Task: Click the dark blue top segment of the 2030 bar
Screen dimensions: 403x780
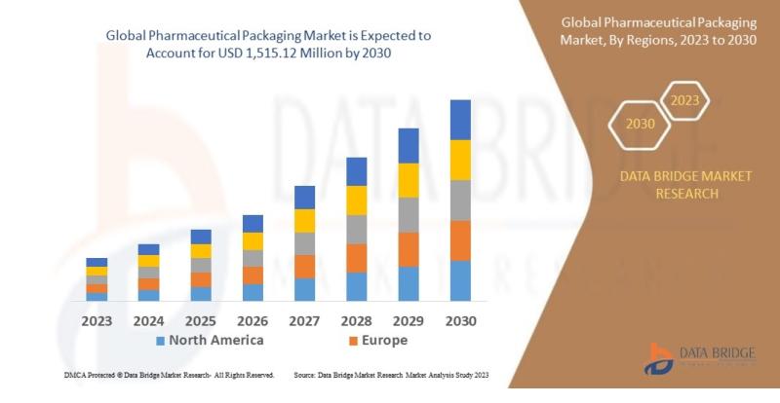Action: [x=460, y=120]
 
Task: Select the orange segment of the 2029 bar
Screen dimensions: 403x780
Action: [x=409, y=249]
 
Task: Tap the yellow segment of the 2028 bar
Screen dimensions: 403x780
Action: [x=357, y=201]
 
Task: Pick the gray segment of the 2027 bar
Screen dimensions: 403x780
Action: [x=304, y=243]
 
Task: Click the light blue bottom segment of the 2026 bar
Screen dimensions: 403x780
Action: [x=253, y=292]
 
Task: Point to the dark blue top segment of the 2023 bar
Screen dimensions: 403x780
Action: [x=97, y=262]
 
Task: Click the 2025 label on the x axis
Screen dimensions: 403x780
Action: [x=201, y=320]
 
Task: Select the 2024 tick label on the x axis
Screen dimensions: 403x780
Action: [x=148, y=320]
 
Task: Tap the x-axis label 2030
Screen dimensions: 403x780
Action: [x=460, y=320]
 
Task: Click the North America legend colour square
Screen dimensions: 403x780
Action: [x=161, y=341]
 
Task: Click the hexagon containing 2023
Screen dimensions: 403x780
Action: [x=685, y=99]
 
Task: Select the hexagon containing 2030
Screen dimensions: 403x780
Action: [x=640, y=124]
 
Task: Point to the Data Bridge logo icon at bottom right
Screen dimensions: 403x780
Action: [x=660, y=358]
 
